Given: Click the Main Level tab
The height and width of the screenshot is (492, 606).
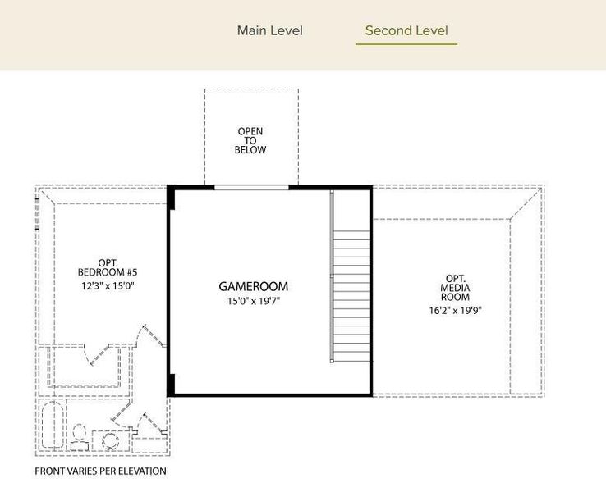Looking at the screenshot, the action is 270,30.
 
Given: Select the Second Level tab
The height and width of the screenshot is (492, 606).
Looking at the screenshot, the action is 406,30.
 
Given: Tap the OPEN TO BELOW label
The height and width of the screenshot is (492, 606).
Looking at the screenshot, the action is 250,140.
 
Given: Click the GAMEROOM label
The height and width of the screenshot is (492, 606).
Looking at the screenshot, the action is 254,286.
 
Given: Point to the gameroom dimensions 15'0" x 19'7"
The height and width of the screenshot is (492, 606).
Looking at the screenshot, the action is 254,301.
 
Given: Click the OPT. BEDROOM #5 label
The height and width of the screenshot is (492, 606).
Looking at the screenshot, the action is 108,268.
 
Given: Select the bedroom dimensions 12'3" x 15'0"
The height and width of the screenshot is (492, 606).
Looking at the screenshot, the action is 108,286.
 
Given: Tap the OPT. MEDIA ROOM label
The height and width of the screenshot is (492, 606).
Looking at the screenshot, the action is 455,288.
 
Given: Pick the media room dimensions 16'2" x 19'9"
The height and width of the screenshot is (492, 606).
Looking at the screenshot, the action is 455,310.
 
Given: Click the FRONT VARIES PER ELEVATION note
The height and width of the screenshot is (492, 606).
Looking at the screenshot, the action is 100,471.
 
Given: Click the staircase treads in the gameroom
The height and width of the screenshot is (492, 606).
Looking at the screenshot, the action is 351,296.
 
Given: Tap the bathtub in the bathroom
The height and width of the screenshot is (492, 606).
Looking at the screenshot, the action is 52,425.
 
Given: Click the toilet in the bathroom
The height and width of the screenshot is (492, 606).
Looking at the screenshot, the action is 80,437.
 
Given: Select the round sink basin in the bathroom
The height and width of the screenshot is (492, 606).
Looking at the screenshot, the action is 111,441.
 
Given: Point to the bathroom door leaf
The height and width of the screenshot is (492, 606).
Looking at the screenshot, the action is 122,412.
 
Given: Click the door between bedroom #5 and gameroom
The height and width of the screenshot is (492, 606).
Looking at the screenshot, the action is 154,335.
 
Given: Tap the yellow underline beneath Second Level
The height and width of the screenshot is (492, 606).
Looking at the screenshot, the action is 406,44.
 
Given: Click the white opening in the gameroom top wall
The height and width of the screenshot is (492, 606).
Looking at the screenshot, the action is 251,188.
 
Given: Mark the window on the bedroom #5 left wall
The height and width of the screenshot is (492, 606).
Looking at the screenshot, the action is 38,214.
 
